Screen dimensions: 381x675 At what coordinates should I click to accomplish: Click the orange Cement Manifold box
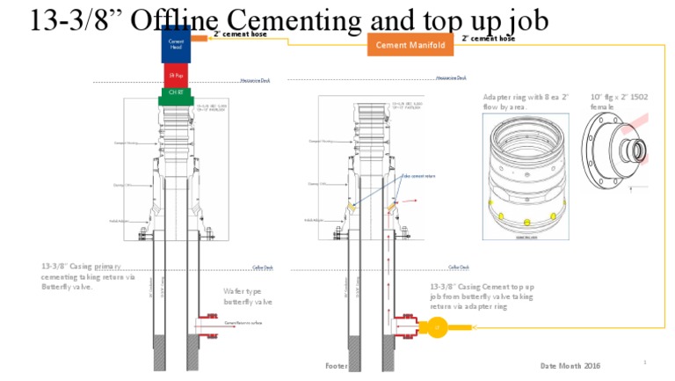410,45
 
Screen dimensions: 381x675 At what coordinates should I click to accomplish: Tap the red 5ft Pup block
176,76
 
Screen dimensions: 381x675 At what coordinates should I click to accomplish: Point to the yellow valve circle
437,328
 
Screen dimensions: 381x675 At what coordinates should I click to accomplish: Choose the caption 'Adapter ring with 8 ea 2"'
526,101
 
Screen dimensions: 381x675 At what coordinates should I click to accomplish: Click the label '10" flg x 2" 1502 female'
619,101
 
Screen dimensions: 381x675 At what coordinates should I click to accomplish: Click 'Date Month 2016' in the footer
570,365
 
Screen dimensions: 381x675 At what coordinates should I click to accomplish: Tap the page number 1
644,362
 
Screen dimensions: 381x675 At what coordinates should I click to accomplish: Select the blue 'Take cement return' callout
418,176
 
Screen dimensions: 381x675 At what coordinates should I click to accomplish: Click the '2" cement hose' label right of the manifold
488,39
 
